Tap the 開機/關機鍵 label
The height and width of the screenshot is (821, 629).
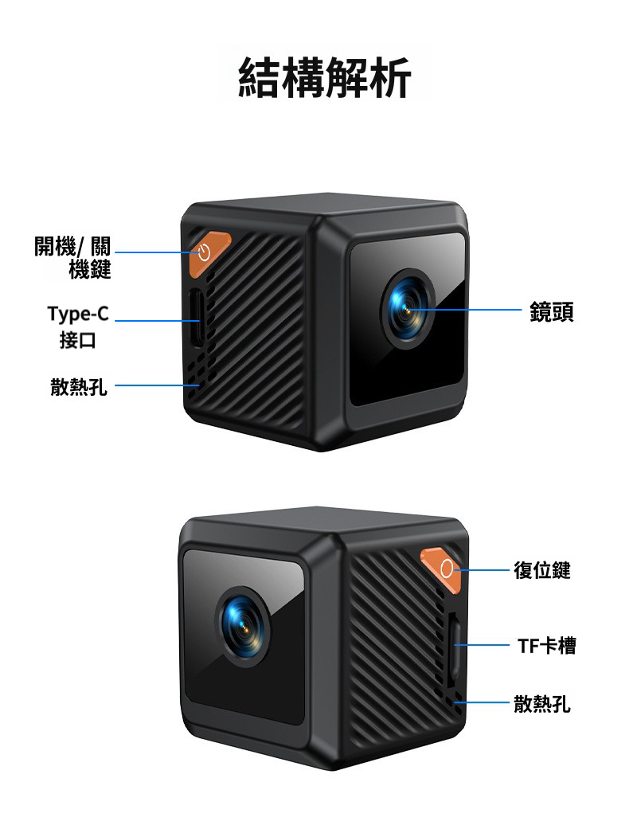tap(72, 258)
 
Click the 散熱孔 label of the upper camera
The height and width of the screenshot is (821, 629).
tap(78, 388)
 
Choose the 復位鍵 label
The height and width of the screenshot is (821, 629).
tap(541, 570)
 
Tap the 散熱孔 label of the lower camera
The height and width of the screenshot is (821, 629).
tap(541, 703)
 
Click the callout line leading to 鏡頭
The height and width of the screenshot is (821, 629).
tap(470, 310)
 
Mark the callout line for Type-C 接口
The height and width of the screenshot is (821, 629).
tap(155, 321)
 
